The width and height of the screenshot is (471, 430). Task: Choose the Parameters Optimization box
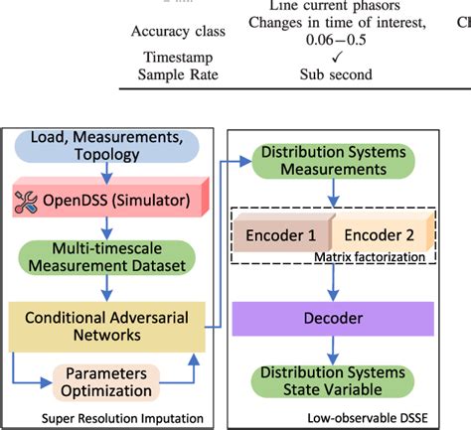[x=112, y=381]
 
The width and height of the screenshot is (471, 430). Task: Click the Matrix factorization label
[x=384, y=257]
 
